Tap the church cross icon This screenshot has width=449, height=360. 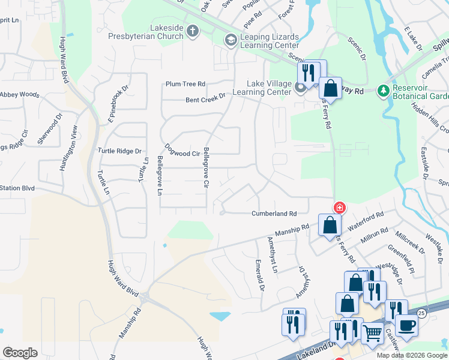coord(193,31)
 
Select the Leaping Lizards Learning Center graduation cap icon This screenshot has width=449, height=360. coord(230,40)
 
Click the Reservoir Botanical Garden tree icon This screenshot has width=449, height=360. coord(382,91)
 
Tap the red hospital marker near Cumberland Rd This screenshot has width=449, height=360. coord(340,208)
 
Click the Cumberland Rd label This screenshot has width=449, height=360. coord(274,214)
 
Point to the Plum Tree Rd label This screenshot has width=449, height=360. coord(186,84)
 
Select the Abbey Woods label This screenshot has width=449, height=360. coord(20,95)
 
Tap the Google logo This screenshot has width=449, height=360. coord(20,352)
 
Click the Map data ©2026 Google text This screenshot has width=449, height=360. coord(412,355)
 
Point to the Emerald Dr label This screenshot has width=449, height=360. coord(259,275)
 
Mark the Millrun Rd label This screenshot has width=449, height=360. coord(375,235)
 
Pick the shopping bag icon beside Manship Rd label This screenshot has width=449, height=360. coord(330,226)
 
